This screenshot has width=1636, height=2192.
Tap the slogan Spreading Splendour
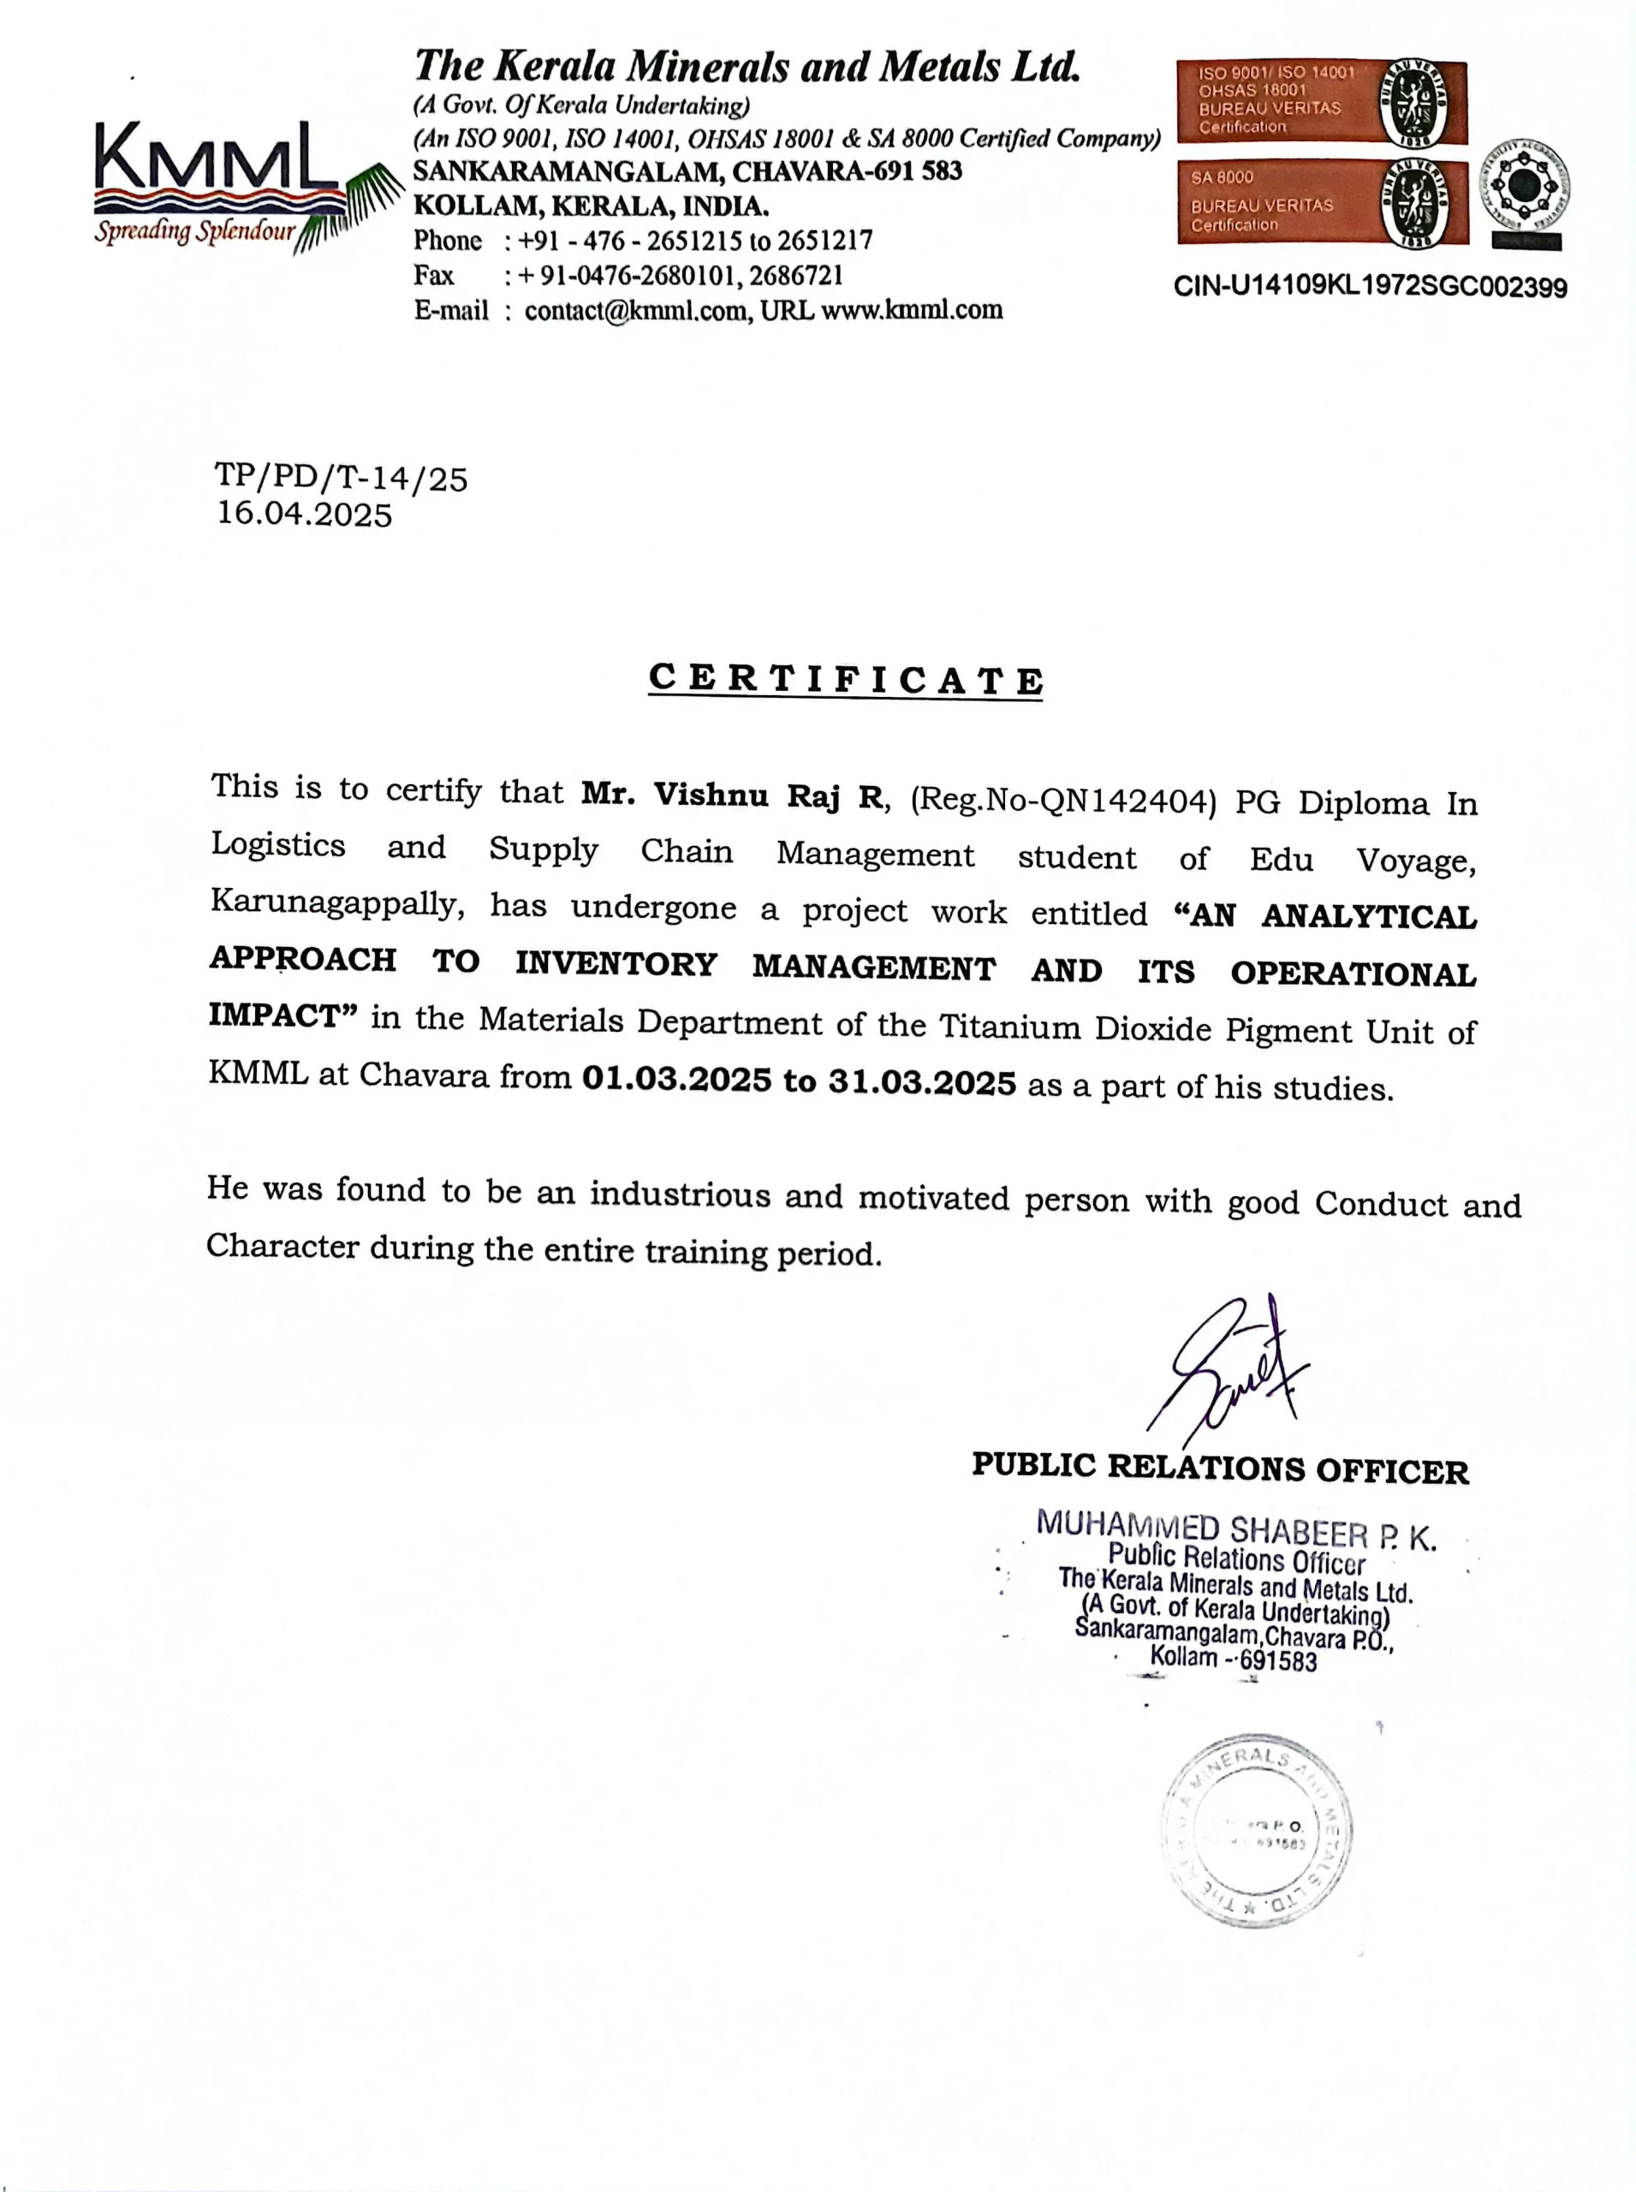(195, 232)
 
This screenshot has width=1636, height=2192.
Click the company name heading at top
(747, 67)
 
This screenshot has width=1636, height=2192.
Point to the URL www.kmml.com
(912, 310)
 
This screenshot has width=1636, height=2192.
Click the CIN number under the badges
(1370, 287)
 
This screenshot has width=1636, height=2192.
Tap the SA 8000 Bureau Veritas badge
(1321, 202)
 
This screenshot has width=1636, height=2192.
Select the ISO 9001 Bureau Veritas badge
(1321, 100)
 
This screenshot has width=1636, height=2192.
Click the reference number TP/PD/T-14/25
(341, 479)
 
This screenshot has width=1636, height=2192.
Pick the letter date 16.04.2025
(305, 514)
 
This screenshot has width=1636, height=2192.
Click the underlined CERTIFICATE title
(845, 681)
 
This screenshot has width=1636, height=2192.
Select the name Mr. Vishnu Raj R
(732, 795)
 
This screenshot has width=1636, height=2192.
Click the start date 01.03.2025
(676, 1079)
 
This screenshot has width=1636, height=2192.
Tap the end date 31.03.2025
(922, 1081)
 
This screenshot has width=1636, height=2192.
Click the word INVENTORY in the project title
(616, 964)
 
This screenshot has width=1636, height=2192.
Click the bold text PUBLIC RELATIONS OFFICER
(1220, 1468)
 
